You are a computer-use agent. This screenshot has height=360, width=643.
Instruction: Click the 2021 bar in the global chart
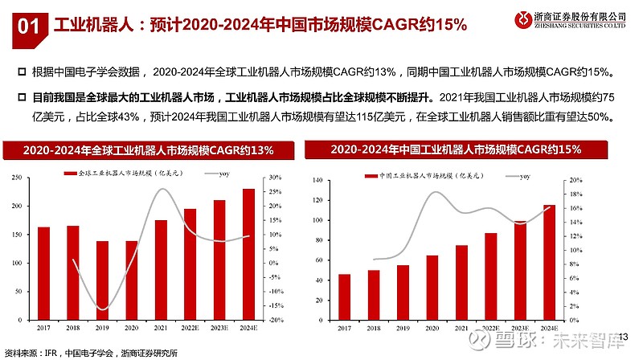(161, 269)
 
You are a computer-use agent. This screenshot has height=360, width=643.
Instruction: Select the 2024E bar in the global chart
(249, 254)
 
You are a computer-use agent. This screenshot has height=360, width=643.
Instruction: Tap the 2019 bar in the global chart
(102, 280)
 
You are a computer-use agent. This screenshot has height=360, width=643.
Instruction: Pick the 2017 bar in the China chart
(344, 297)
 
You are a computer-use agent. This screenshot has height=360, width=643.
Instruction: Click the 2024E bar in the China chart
(549, 262)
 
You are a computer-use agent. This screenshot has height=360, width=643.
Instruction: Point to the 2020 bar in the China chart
(432, 287)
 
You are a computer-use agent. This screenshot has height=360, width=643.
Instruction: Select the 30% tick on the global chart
(274, 178)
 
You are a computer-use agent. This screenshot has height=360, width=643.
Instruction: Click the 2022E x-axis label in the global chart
(190, 328)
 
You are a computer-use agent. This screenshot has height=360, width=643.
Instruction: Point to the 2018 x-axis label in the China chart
(374, 328)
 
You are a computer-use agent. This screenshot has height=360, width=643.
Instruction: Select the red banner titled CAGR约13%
(148, 150)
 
